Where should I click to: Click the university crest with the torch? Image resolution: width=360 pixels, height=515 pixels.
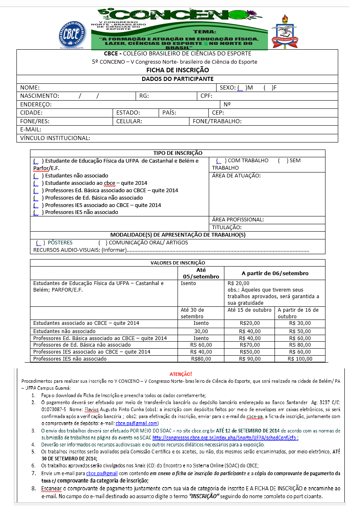(x=284, y=32)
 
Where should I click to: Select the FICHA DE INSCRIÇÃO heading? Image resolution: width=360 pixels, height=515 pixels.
(x=177, y=70)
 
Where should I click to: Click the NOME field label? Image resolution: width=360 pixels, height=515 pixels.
(x=30, y=87)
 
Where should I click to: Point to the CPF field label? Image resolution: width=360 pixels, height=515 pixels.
(x=206, y=96)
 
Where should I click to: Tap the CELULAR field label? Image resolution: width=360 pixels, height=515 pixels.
(x=129, y=121)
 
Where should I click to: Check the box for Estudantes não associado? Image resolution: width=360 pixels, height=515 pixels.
(x=37, y=175)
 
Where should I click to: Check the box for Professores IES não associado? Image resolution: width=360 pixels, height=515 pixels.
(x=37, y=212)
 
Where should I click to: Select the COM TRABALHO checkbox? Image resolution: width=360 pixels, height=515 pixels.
(x=220, y=161)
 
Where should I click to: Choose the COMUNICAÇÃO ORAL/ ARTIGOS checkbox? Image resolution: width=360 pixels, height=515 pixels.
(x=102, y=242)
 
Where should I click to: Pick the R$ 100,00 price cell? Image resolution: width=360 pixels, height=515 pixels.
(x=300, y=359)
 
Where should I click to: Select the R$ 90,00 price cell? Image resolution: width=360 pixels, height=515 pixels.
(x=250, y=359)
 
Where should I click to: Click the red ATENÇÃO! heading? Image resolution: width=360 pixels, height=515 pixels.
(x=180, y=374)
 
